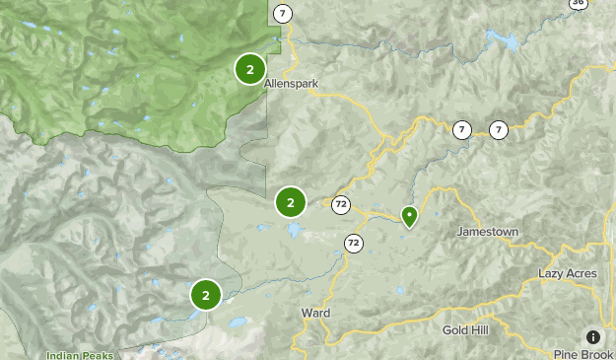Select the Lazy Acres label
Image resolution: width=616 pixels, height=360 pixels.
pyautogui.click(x=568, y=273)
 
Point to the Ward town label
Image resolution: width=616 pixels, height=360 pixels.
pyautogui.click(x=314, y=313)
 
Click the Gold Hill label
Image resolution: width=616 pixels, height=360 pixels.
pyautogui.click(x=464, y=329)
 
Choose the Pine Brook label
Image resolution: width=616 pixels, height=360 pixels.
pyautogui.click(x=583, y=354)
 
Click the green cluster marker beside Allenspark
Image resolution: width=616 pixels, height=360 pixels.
pyautogui.click(x=250, y=69)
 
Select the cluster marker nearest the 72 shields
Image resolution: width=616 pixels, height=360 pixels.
pyautogui.click(x=291, y=202)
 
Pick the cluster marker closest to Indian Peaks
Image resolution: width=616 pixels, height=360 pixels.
pyautogui.click(x=205, y=294)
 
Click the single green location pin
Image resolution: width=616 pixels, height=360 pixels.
pyautogui.click(x=409, y=215)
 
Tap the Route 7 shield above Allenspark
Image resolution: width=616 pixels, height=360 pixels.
pyautogui.click(x=283, y=13)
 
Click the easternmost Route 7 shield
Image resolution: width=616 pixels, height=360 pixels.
pyautogui.click(x=499, y=129)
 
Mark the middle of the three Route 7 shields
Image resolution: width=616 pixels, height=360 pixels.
pyautogui.click(x=461, y=129)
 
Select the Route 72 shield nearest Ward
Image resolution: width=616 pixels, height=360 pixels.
pyautogui.click(x=353, y=242)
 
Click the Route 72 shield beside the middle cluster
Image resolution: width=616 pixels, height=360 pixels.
pyautogui.click(x=341, y=205)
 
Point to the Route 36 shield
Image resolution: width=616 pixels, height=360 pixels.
pyautogui.click(x=578, y=4)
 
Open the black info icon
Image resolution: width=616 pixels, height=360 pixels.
pyautogui.click(x=593, y=337)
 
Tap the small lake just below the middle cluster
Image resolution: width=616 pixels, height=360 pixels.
pyautogui.click(x=294, y=231)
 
